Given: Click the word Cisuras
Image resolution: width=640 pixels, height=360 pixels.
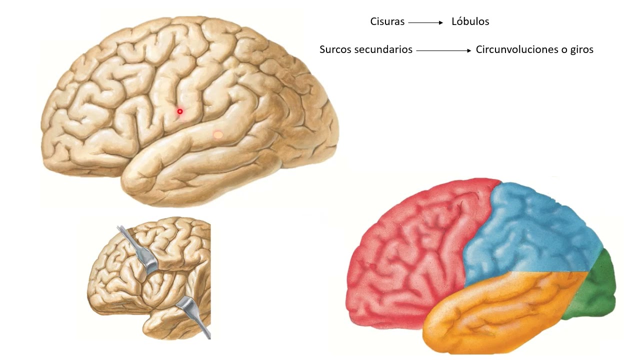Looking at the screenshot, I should (x=387, y=21).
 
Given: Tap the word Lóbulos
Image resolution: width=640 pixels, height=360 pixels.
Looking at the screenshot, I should (x=470, y=21).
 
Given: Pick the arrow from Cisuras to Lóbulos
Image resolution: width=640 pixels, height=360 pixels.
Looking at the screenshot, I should (x=425, y=22).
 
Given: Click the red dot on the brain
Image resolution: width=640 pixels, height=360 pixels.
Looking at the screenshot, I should (x=180, y=111).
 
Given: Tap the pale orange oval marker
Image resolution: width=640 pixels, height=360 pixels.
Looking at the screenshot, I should (x=218, y=134).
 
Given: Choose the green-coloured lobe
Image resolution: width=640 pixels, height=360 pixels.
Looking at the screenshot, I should (x=597, y=287).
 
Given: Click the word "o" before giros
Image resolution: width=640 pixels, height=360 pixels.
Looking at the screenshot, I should (x=563, y=50).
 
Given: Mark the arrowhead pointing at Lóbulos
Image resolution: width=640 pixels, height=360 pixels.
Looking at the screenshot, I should (x=440, y=22).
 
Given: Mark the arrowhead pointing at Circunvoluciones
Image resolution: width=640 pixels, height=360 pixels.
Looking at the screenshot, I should (x=468, y=50).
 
